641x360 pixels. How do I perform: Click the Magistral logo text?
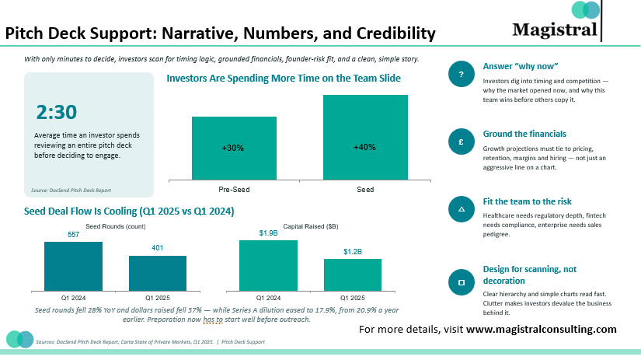tap(555, 30)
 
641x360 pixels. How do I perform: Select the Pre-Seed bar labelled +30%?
tap(234, 148)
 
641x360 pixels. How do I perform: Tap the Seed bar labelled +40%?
tap(365, 137)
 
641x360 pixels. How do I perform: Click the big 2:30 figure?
tap(57, 112)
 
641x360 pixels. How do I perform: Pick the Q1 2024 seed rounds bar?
tap(73, 267)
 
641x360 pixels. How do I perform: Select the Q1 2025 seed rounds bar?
tap(158, 273)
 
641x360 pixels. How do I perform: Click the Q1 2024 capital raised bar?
tap(268, 265)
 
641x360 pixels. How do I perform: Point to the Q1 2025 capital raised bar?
tap(353, 275)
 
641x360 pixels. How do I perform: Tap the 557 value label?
tap(74, 234)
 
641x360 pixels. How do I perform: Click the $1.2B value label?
tap(353, 252)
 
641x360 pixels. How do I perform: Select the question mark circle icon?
tap(461, 74)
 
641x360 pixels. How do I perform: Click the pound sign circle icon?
tap(461, 142)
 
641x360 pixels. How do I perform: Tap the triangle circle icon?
tap(461, 209)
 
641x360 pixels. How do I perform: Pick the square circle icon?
tap(461, 282)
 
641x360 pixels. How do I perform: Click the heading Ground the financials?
tap(524, 134)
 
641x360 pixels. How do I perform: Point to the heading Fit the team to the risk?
tap(528, 201)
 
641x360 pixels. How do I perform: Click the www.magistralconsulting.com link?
tap(542, 330)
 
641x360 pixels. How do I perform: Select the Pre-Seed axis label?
tap(234, 190)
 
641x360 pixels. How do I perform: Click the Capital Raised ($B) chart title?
tap(311, 226)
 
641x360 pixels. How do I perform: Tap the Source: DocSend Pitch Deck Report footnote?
tap(71, 190)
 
